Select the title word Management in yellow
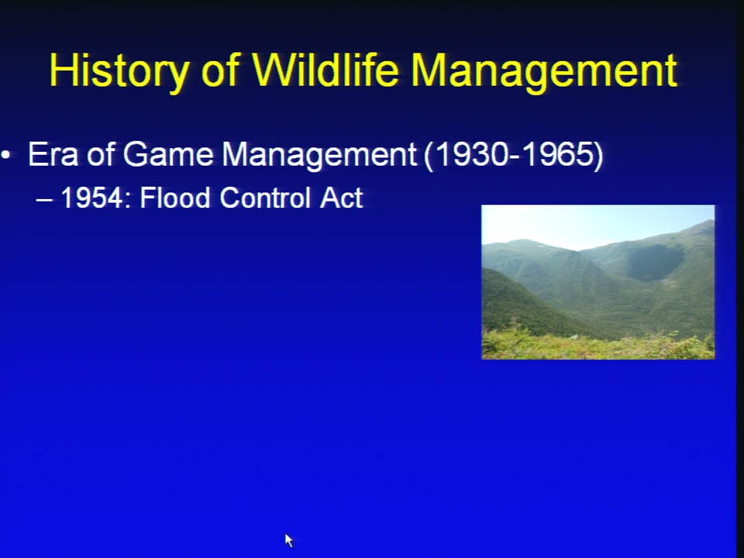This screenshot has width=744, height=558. click(x=544, y=71)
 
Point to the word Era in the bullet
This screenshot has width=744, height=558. click(x=53, y=154)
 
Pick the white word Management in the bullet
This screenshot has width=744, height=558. click(x=319, y=156)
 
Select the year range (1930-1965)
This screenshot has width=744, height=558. click(x=513, y=155)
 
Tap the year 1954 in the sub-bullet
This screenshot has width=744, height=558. click(x=92, y=198)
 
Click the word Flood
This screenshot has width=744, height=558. click(x=175, y=197)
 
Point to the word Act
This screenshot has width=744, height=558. click(x=342, y=198)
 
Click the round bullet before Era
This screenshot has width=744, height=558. click(x=5, y=155)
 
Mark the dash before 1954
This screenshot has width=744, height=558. click(x=44, y=200)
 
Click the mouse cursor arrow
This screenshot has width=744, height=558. click(x=289, y=540)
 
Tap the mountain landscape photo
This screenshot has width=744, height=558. click(x=598, y=282)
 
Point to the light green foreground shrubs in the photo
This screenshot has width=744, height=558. click(x=598, y=345)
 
